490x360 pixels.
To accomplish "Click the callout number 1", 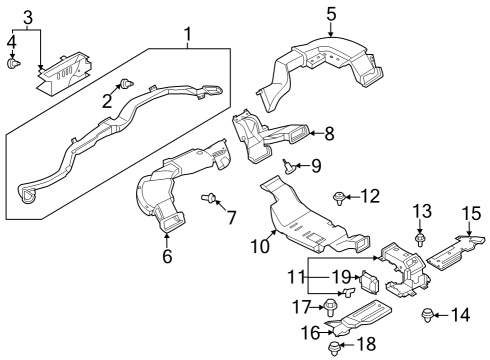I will [187, 39].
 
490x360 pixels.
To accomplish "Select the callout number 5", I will [331, 14].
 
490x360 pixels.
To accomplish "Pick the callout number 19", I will [340, 276].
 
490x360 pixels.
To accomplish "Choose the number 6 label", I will [167, 255].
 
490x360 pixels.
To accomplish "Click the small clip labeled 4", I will [12, 64].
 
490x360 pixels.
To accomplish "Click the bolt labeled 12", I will [341, 196].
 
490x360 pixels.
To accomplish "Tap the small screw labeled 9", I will [288, 165].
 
